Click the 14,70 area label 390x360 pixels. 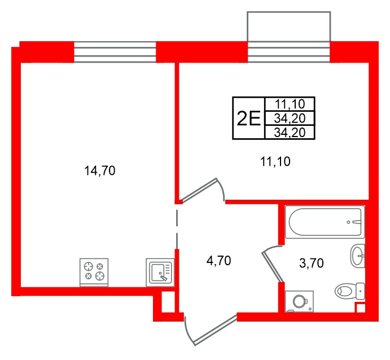pos(100,171)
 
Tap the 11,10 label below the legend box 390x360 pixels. pos(275,161)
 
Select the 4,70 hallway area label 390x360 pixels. pos(218,261)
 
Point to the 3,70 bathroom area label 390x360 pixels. pos(312,263)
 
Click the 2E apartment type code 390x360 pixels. pos(248,118)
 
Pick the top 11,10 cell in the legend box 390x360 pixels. pos(290,104)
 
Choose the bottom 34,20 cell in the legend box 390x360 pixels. pos(290,133)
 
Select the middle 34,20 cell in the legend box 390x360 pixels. pos(290,118)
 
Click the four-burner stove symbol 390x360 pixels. pos(94,272)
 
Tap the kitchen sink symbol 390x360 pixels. pos(160,272)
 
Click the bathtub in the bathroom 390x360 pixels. pos(325,222)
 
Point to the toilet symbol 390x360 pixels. pos(350,291)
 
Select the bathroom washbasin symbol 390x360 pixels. pos(358,256)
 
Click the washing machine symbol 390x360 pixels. pos(299,301)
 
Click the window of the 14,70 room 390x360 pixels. pos(115,52)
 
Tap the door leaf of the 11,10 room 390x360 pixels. pos(199,189)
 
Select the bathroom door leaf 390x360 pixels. pos(273,267)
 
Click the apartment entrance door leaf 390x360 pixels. pos(216,330)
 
